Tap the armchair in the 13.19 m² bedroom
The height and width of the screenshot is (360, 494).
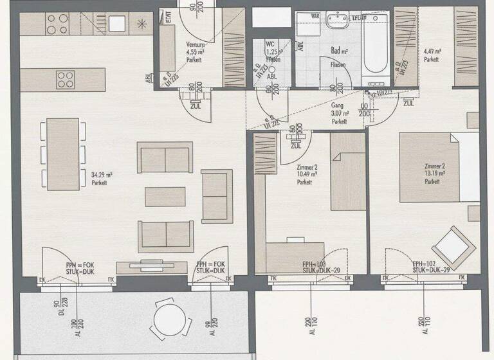tap(452, 244)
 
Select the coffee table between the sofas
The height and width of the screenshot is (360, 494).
tap(165, 197)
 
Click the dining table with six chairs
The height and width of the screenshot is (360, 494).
tap(62, 154)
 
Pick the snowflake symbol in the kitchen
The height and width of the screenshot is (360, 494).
tap(140, 24)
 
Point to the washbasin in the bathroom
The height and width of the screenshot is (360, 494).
tap(336, 23)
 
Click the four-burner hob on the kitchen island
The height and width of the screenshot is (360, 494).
tap(66, 80)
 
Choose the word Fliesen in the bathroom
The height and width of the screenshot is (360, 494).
tap(338, 65)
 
